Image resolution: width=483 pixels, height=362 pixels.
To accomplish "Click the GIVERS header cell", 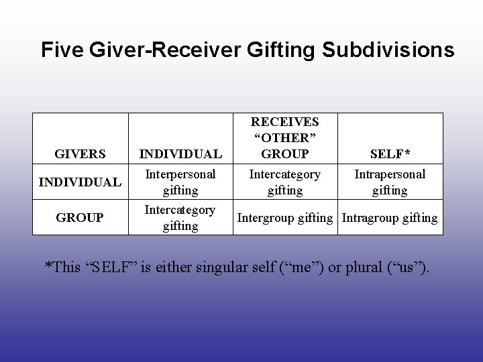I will pyautogui.click(x=81, y=154).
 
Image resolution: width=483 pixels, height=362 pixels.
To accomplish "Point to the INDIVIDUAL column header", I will pyautogui.click(x=180, y=154).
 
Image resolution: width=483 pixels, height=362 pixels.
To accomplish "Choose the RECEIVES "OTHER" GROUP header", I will pyautogui.click(x=285, y=138).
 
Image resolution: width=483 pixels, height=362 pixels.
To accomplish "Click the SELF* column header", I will pyautogui.click(x=390, y=154).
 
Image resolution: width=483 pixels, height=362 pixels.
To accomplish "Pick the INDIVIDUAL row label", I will pyautogui.click(x=81, y=182).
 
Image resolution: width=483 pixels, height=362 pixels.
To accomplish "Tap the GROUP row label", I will pyautogui.click(x=81, y=218).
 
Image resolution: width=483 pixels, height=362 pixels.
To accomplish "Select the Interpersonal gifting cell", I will pyautogui.click(x=180, y=182).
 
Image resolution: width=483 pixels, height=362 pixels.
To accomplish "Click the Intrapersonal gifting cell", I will pyautogui.click(x=390, y=182).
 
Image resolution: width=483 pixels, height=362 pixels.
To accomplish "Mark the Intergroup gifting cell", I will pyautogui.click(x=285, y=218).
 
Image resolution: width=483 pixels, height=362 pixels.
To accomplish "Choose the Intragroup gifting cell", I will pyautogui.click(x=390, y=218).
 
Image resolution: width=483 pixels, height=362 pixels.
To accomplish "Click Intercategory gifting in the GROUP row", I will pyautogui.click(x=180, y=218).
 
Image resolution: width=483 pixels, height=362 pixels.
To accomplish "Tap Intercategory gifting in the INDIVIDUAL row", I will pyautogui.click(x=285, y=182).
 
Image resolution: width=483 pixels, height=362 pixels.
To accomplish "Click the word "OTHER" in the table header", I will pyautogui.click(x=285, y=138).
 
